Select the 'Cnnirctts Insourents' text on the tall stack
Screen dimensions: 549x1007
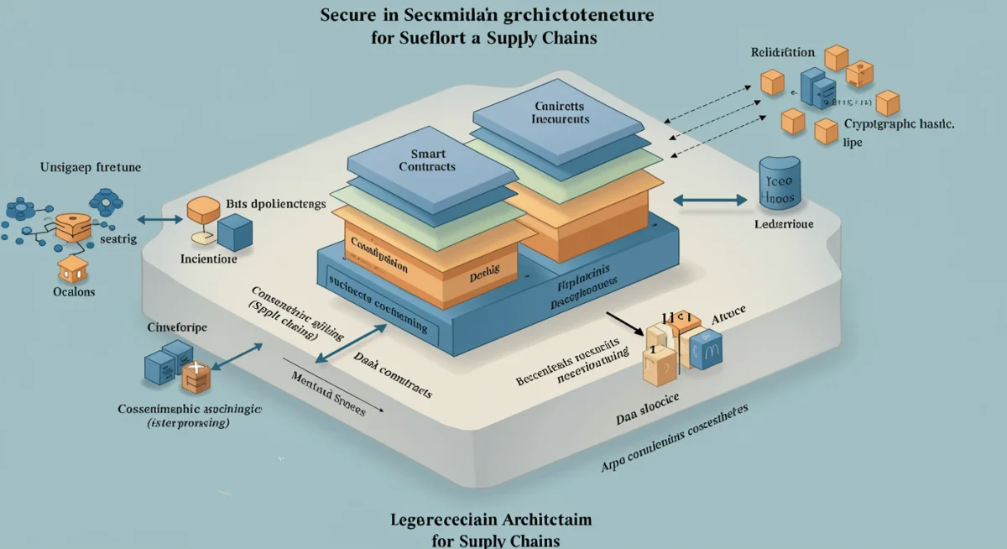click(x=561, y=112)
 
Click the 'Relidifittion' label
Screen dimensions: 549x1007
click(x=781, y=52)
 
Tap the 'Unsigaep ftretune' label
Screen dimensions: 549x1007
click(x=91, y=167)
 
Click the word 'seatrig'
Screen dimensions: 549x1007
click(x=118, y=239)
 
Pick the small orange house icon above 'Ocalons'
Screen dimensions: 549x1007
click(x=73, y=268)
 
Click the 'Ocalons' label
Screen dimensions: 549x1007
click(x=73, y=292)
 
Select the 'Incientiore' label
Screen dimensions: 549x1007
click(x=209, y=259)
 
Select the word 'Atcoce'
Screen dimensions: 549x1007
click(x=728, y=319)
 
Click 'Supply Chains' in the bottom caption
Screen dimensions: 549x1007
click(x=512, y=539)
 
